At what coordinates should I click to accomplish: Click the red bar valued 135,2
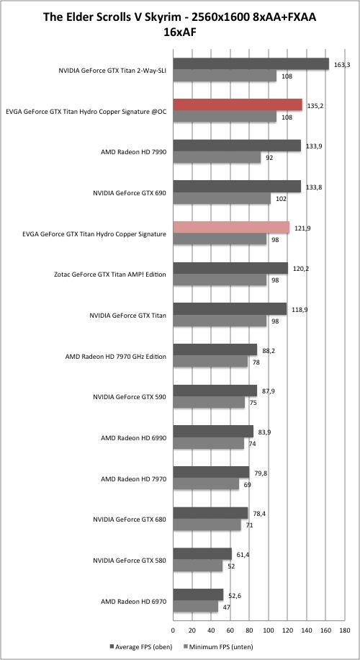238,104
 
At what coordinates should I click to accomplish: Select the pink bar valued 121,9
231,227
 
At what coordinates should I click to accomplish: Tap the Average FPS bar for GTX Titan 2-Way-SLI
251,64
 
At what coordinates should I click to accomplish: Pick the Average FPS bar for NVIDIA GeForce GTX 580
202,554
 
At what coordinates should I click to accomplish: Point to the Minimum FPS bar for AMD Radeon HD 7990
217,157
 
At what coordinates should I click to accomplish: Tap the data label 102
278,200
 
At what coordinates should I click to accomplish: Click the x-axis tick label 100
269,630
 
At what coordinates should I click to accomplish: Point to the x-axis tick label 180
344,630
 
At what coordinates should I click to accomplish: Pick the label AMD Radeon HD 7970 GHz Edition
116,357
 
